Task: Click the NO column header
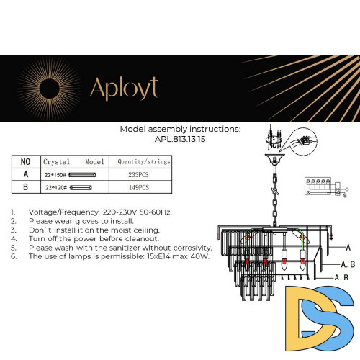tap(25, 162)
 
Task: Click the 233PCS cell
tap(138, 174)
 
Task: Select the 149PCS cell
tap(138, 187)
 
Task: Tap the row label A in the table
tap(25, 174)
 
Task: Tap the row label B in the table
tap(25, 187)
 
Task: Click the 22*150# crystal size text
tap(55, 174)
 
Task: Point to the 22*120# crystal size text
tap(55, 187)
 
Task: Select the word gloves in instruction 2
tap(86, 222)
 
